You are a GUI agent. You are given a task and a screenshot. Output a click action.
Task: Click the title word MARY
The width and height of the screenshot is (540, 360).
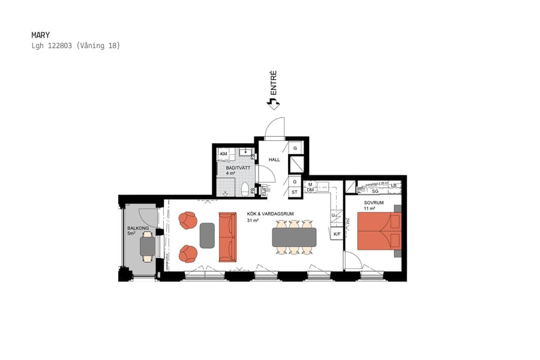[40, 35]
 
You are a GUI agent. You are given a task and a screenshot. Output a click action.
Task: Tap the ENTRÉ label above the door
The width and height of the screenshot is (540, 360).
[273, 83]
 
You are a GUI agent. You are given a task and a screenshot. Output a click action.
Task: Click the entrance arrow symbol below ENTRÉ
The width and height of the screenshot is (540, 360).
[273, 104]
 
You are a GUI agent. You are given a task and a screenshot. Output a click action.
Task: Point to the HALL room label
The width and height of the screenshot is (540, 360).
[274, 160]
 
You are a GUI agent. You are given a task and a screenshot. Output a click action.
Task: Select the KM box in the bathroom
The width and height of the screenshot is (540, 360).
[224, 154]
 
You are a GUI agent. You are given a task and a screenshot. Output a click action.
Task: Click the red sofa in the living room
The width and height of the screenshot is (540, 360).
[228, 237]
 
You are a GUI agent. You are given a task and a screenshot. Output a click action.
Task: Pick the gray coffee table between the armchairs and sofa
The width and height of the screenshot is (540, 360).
[207, 235]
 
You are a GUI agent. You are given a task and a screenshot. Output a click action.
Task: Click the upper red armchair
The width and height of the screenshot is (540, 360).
[188, 220]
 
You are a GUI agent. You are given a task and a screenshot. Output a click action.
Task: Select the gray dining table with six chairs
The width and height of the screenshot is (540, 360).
[294, 237]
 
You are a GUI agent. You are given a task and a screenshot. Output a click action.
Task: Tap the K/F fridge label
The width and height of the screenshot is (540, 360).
[337, 234]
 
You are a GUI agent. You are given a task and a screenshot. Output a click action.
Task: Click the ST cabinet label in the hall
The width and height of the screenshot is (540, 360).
[295, 192]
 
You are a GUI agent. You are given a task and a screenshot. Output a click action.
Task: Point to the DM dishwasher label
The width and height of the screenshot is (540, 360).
[310, 190]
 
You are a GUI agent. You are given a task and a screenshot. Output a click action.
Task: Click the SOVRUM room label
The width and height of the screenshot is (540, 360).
[374, 203]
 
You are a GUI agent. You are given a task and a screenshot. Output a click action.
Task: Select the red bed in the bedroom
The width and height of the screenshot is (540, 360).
[379, 231]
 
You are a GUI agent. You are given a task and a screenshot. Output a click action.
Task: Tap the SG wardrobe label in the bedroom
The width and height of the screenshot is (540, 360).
[375, 191]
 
